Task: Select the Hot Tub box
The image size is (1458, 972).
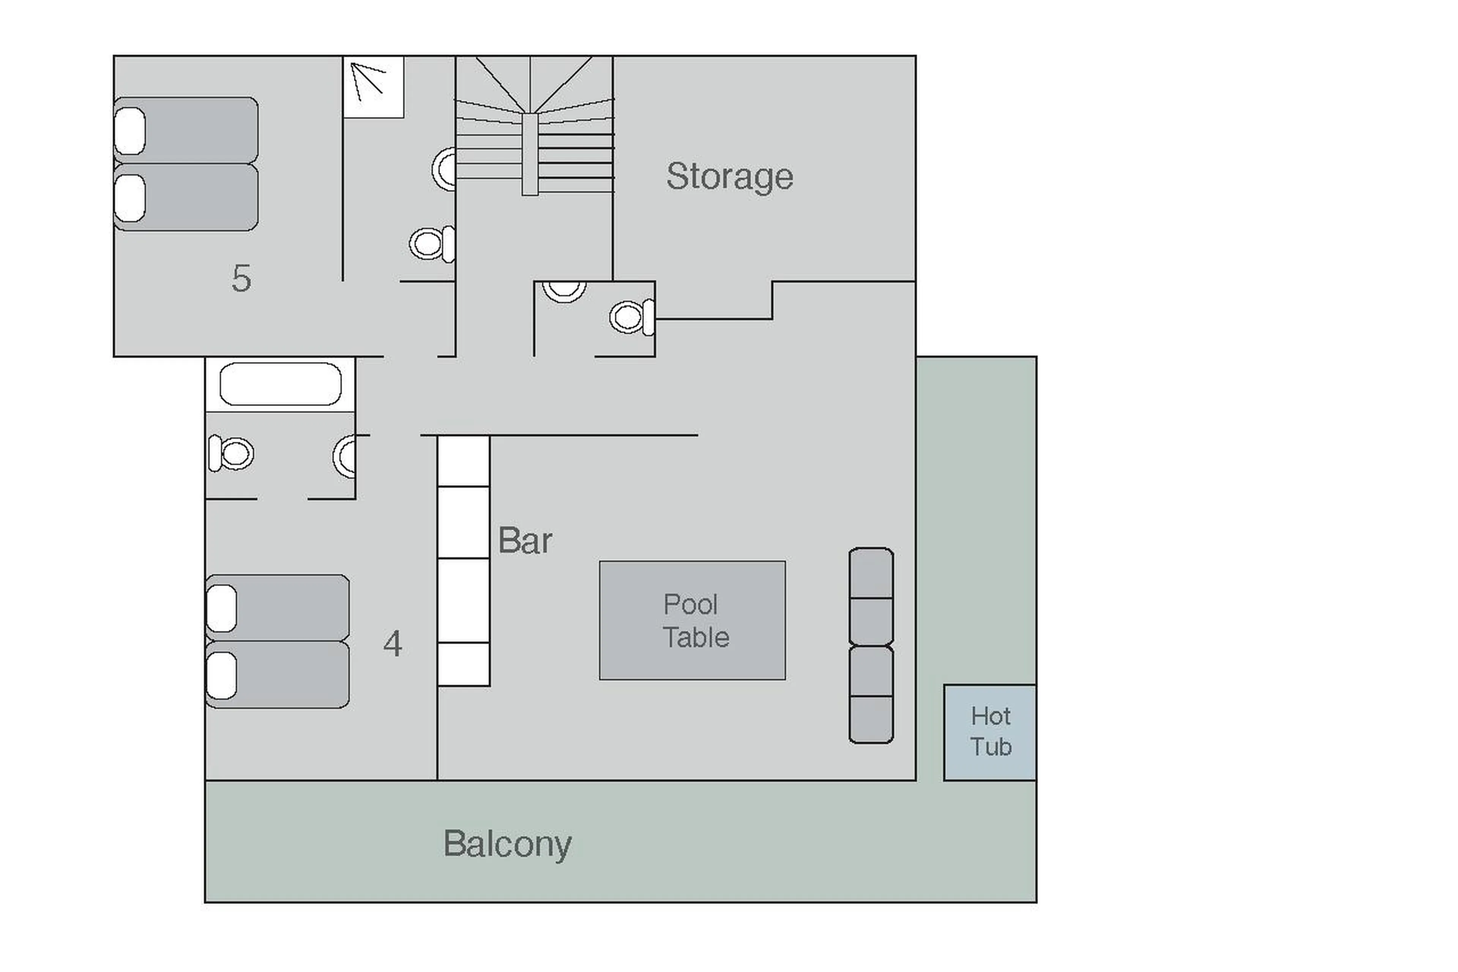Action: (989, 732)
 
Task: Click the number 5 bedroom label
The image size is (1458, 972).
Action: (241, 278)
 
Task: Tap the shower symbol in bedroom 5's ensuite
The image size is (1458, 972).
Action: (373, 86)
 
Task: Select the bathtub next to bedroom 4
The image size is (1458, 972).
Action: (280, 384)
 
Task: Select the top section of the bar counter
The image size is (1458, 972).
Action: (464, 461)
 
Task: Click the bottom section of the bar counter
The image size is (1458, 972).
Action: (464, 664)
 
